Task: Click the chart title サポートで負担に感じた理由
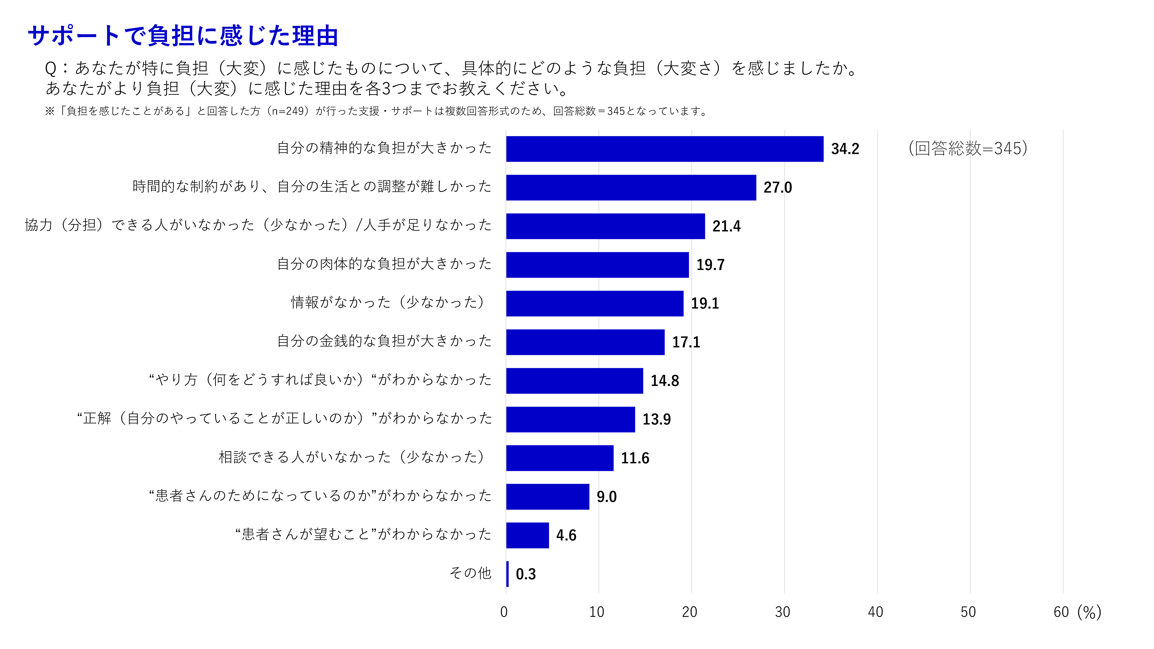pos(183,36)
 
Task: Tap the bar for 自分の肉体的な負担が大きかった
pos(597,265)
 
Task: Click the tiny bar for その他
pos(507,574)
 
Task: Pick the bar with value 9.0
pos(547,496)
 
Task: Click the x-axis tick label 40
pos(875,612)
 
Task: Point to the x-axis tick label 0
pos(504,612)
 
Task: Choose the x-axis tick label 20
pos(689,612)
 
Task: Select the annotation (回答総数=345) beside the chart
pos(968,148)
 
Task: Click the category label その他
pos(470,573)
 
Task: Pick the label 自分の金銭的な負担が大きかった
pos(384,341)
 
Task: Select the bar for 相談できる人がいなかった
pos(560,458)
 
